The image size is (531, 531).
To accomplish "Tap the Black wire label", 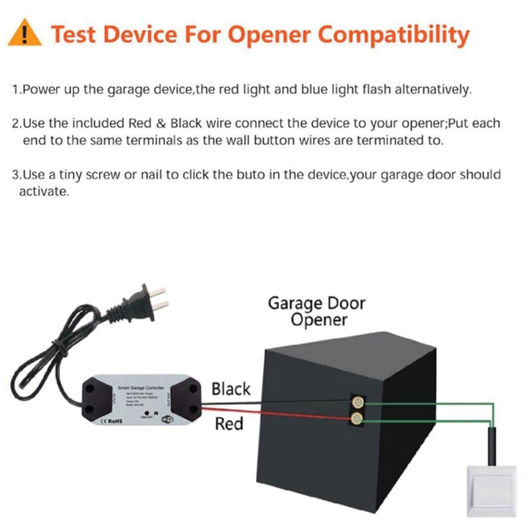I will (x=231, y=389).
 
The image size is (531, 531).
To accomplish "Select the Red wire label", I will (x=229, y=423).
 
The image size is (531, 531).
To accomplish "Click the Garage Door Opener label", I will (x=316, y=311).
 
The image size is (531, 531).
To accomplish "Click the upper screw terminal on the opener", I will (x=357, y=403).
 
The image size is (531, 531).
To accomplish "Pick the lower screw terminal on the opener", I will (x=357, y=418).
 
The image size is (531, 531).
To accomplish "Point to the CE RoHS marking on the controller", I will (x=110, y=421).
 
